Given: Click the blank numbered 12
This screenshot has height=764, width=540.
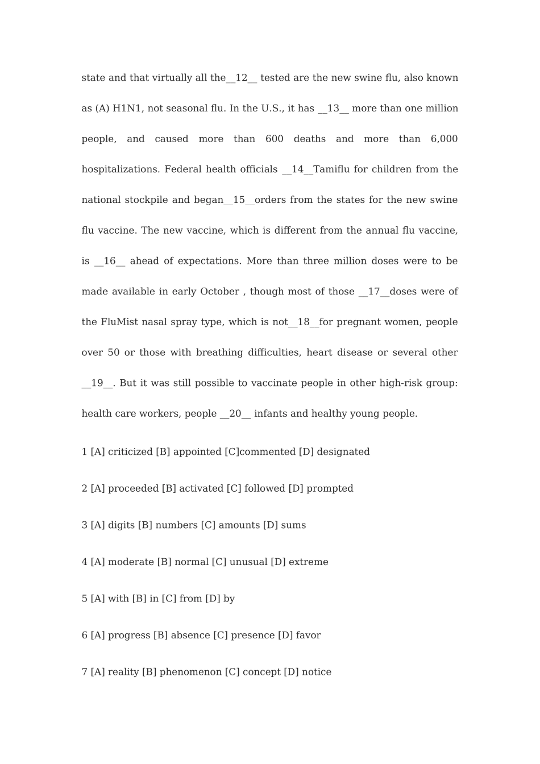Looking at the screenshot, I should click(x=242, y=78).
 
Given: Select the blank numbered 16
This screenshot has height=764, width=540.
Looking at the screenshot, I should click(x=110, y=261).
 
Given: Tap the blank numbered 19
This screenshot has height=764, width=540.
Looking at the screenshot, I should click(x=97, y=383).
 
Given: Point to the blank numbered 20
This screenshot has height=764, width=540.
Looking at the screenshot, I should click(x=235, y=414).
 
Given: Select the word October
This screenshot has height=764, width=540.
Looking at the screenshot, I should click(x=219, y=292).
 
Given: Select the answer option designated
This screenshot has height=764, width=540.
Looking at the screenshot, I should click(x=343, y=452).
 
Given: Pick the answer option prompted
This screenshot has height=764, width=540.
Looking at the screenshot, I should click(x=330, y=489).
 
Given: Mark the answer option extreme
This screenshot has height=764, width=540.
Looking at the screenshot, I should click(x=308, y=562).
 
